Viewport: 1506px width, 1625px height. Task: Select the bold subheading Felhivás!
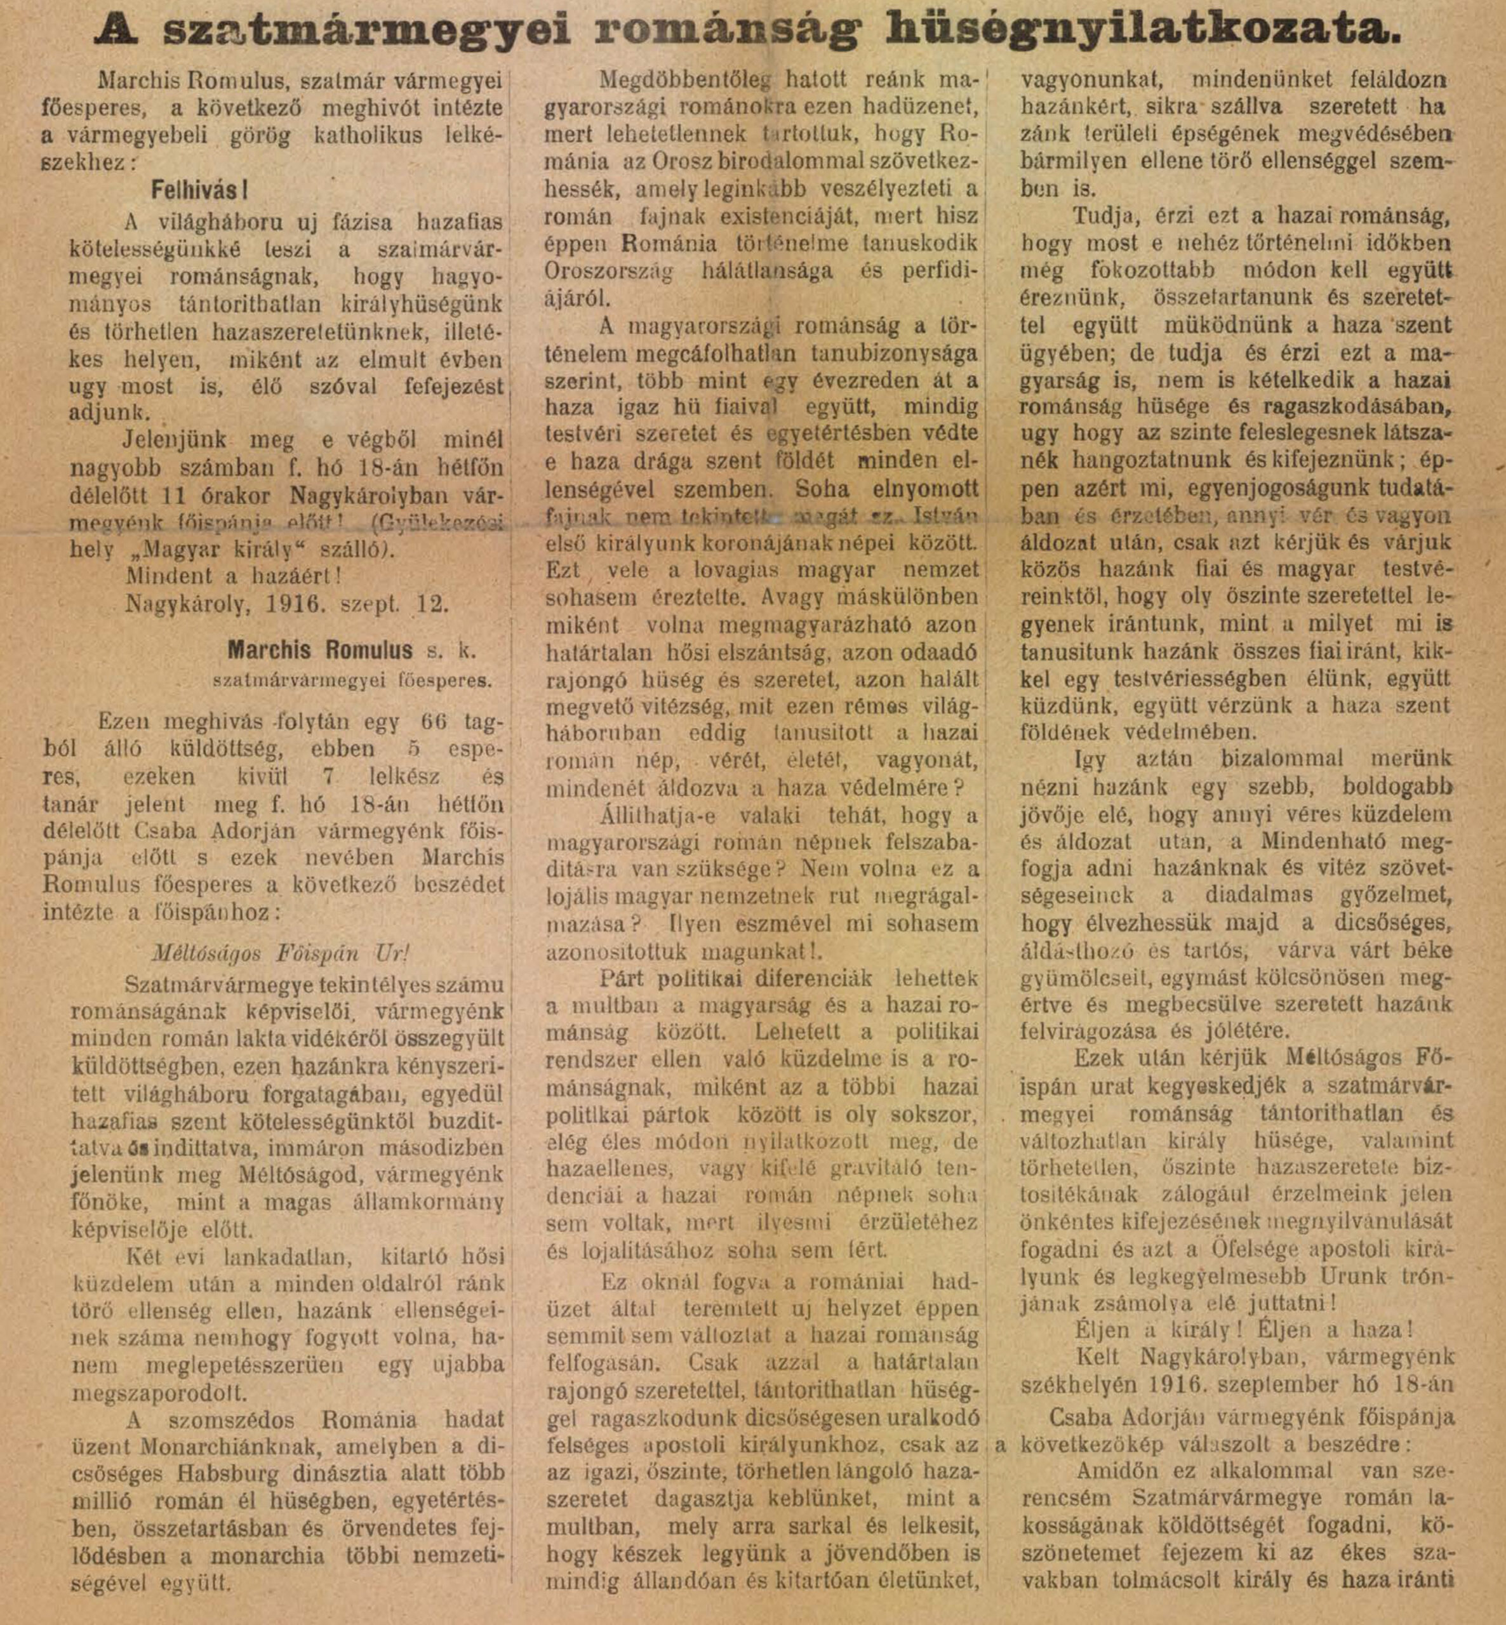click(199, 190)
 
